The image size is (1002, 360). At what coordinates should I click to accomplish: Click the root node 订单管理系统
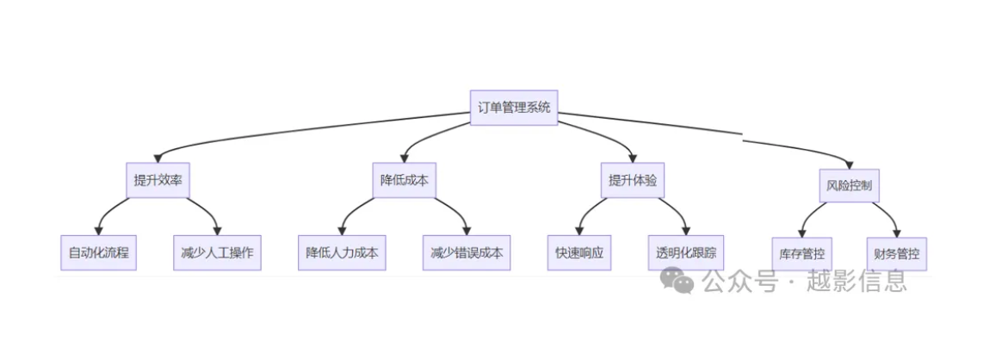click(514, 108)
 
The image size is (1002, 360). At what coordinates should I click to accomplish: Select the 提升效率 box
click(158, 181)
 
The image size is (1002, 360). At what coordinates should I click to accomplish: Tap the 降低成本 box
click(405, 181)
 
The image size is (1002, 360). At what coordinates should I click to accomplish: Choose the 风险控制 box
click(850, 185)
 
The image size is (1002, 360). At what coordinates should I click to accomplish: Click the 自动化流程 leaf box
click(98, 253)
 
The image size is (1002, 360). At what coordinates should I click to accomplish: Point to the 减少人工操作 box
click(217, 253)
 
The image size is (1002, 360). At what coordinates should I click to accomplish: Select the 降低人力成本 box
click(342, 253)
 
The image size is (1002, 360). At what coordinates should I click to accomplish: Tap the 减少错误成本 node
click(467, 253)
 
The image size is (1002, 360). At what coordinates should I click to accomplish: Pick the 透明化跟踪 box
click(685, 253)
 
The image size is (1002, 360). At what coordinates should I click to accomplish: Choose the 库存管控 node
click(801, 254)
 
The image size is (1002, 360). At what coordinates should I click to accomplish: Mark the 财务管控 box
click(897, 254)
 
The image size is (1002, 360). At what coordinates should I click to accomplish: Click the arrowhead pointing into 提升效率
click(158, 158)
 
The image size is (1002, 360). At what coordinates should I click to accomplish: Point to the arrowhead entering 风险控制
click(849, 163)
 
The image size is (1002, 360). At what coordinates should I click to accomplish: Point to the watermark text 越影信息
click(857, 281)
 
